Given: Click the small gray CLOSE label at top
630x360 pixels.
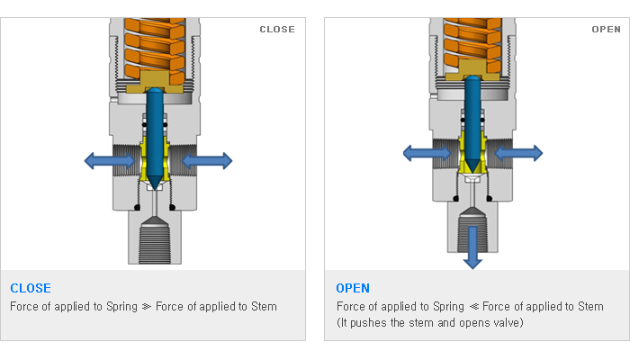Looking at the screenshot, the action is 277,30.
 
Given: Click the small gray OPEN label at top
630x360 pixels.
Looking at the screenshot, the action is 607,30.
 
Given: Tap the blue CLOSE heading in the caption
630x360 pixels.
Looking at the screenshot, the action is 31,288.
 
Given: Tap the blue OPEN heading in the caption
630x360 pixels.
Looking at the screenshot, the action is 353,288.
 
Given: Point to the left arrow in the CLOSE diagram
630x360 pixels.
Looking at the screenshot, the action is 110,161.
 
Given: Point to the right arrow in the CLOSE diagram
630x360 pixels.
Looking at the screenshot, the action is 206,161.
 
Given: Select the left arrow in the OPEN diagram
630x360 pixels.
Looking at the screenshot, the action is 427,153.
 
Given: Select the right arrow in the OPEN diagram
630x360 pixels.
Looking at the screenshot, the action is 518,153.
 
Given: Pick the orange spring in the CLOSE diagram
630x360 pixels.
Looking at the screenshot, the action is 155,50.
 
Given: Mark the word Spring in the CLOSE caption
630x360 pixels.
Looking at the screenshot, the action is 121,307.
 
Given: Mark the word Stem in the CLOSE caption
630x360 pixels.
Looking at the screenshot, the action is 264,307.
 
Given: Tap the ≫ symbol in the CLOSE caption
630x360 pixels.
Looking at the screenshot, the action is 147,307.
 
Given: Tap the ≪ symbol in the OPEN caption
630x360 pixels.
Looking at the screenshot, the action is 474,307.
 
